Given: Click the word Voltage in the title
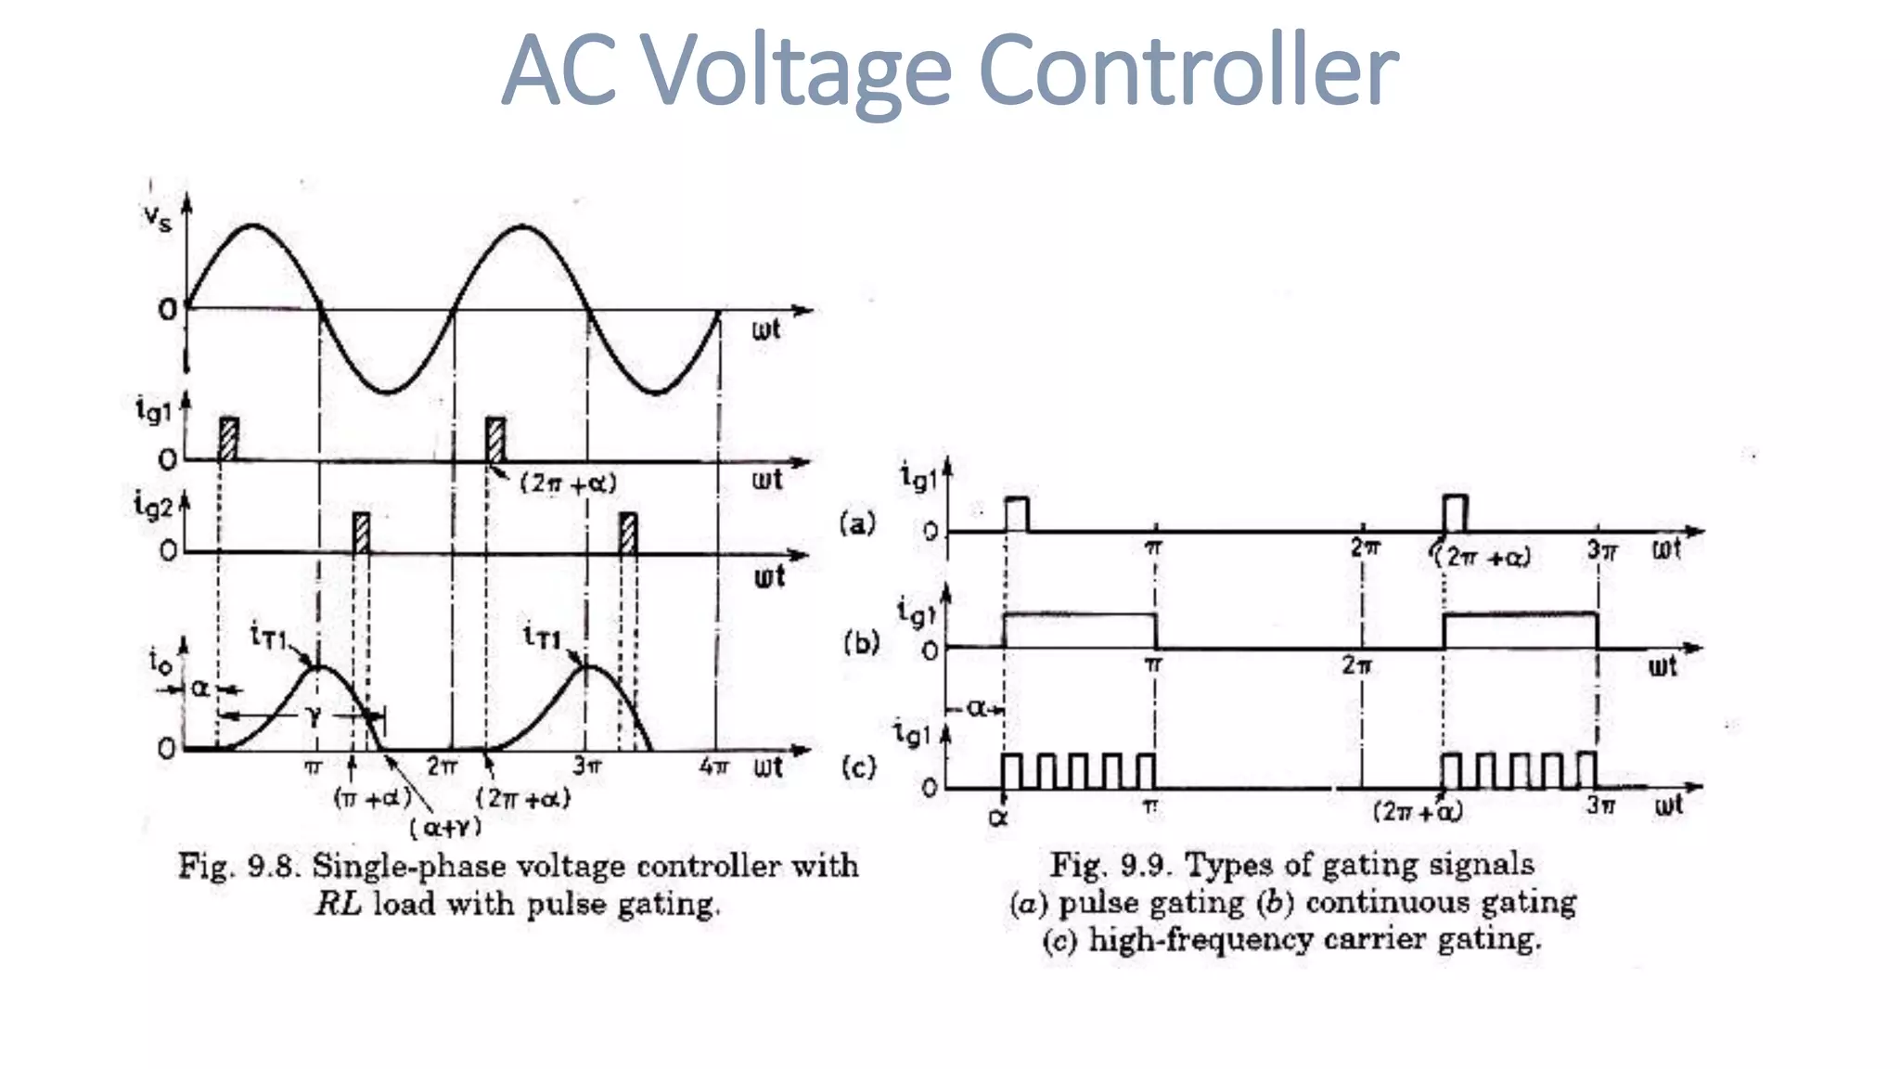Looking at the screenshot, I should [796, 70].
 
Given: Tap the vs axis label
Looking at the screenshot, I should [157, 218].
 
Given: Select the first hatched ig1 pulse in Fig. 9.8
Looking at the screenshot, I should [228, 438].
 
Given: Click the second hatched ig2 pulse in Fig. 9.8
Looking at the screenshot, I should [628, 533].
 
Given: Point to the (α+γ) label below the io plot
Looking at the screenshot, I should [445, 826].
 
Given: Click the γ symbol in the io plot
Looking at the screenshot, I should [314, 715].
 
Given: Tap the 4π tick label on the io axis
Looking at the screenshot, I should [713, 766].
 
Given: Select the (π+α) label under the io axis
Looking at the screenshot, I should [371, 797].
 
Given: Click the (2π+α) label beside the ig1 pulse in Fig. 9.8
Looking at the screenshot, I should [568, 483].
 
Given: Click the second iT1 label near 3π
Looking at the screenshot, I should [543, 637].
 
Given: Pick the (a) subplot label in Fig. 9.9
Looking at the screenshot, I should [857, 523].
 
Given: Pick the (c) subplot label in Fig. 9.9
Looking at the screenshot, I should [858, 767].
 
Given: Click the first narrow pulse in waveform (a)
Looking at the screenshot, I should [1017, 514].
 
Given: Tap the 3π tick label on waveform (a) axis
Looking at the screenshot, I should [1601, 550].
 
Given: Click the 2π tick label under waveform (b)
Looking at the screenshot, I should [1356, 664].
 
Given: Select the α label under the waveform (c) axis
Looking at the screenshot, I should [998, 818].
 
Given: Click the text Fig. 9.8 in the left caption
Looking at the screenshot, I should [238, 866].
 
